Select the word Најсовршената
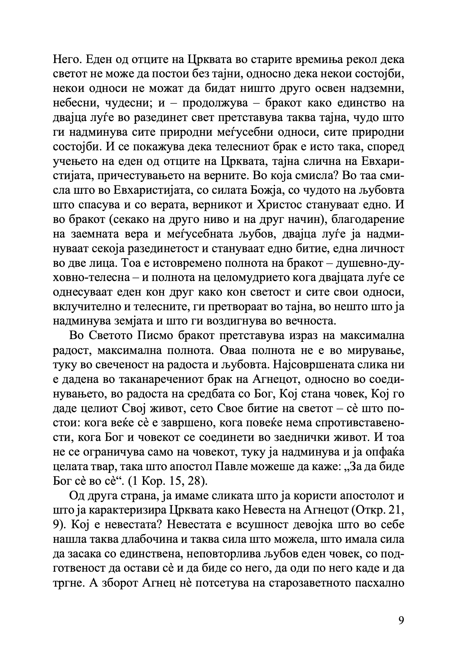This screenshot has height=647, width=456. [320, 365]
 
